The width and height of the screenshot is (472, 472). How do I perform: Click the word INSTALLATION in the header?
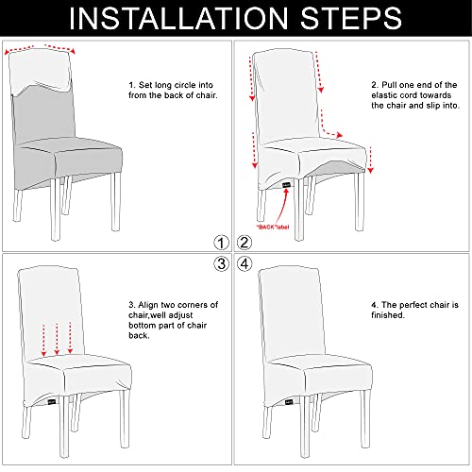pos(178,18)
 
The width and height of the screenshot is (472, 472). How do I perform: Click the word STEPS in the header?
pos(351,18)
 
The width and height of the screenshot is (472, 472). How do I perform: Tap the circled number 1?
pos(222,243)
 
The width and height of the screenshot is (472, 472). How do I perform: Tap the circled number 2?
pos(244,243)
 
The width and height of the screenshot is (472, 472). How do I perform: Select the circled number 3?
pos(222,263)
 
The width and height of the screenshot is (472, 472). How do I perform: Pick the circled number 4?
pos(244,263)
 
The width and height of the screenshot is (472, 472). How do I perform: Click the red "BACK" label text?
pos(273,227)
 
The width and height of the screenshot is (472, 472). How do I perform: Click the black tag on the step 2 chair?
pos(286,185)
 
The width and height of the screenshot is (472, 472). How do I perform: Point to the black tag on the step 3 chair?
pos(52,402)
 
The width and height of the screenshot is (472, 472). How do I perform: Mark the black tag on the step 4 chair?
pos(289,402)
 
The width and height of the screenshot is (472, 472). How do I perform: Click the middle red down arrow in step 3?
pos(57,339)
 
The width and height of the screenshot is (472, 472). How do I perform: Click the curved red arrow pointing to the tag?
pos(282,208)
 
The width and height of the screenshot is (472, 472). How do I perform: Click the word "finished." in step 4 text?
pos(388,315)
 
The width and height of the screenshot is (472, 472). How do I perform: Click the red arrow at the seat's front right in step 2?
pos(371,160)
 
